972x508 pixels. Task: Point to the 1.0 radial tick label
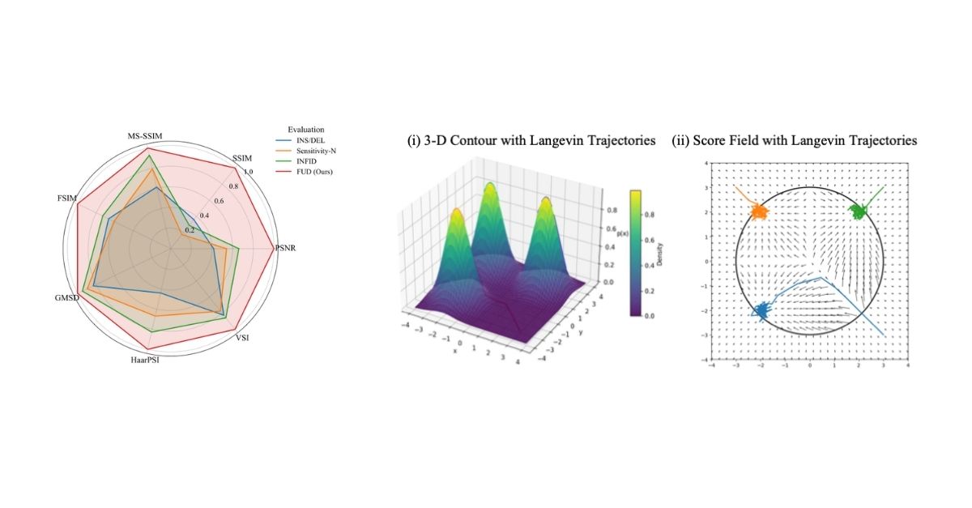pyautogui.click(x=248, y=172)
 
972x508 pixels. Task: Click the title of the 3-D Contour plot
pyautogui.click(x=531, y=141)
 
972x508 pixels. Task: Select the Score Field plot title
pyautogui.click(x=795, y=141)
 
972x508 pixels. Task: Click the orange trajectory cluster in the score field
pyautogui.click(x=759, y=211)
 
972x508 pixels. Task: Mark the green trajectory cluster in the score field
pyautogui.click(x=858, y=211)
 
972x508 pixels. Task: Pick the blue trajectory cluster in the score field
pyautogui.click(x=763, y=311)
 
